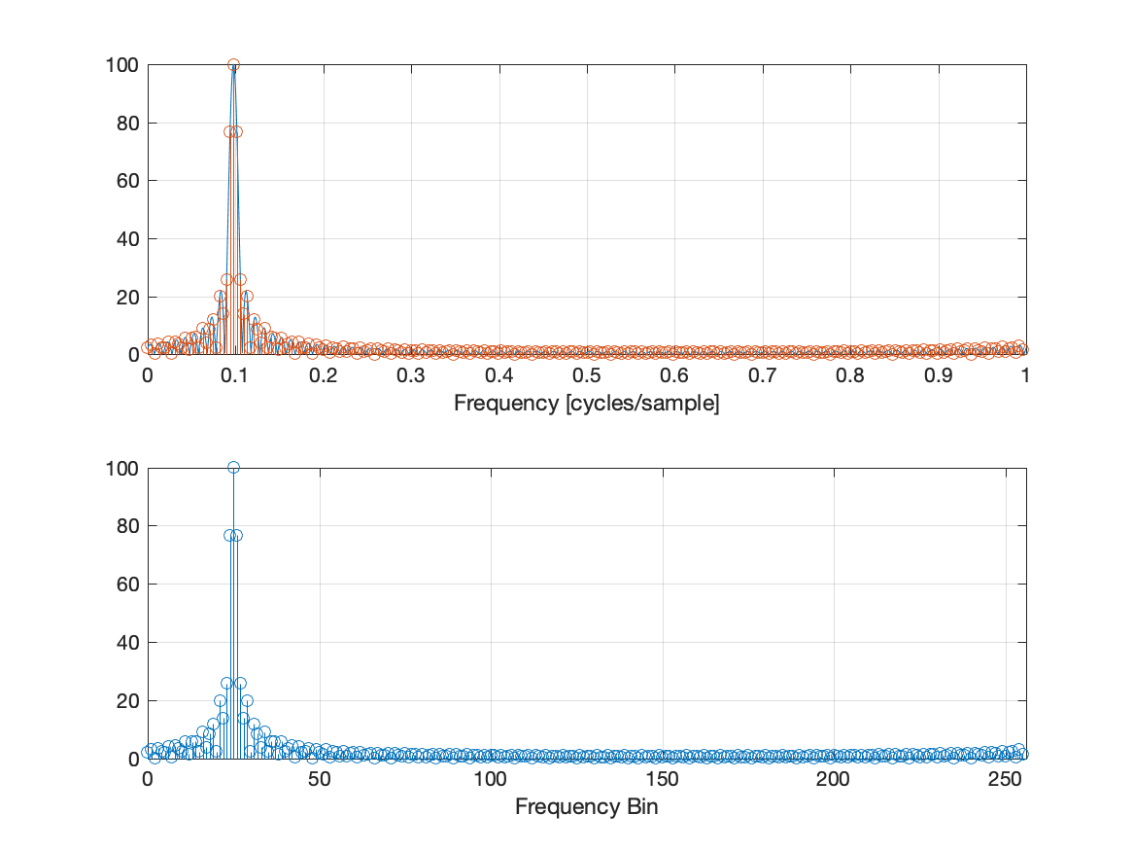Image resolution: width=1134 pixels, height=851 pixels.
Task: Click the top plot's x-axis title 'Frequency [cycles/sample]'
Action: click(586, 404)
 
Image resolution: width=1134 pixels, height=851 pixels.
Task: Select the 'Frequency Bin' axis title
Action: click(586, 807)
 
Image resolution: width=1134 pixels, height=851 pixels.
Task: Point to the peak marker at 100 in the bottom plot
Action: click(233, 468)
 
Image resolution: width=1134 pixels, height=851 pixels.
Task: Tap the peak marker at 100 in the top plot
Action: click(233, 65)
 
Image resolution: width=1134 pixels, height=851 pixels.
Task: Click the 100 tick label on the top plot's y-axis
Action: click(122, 65)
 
